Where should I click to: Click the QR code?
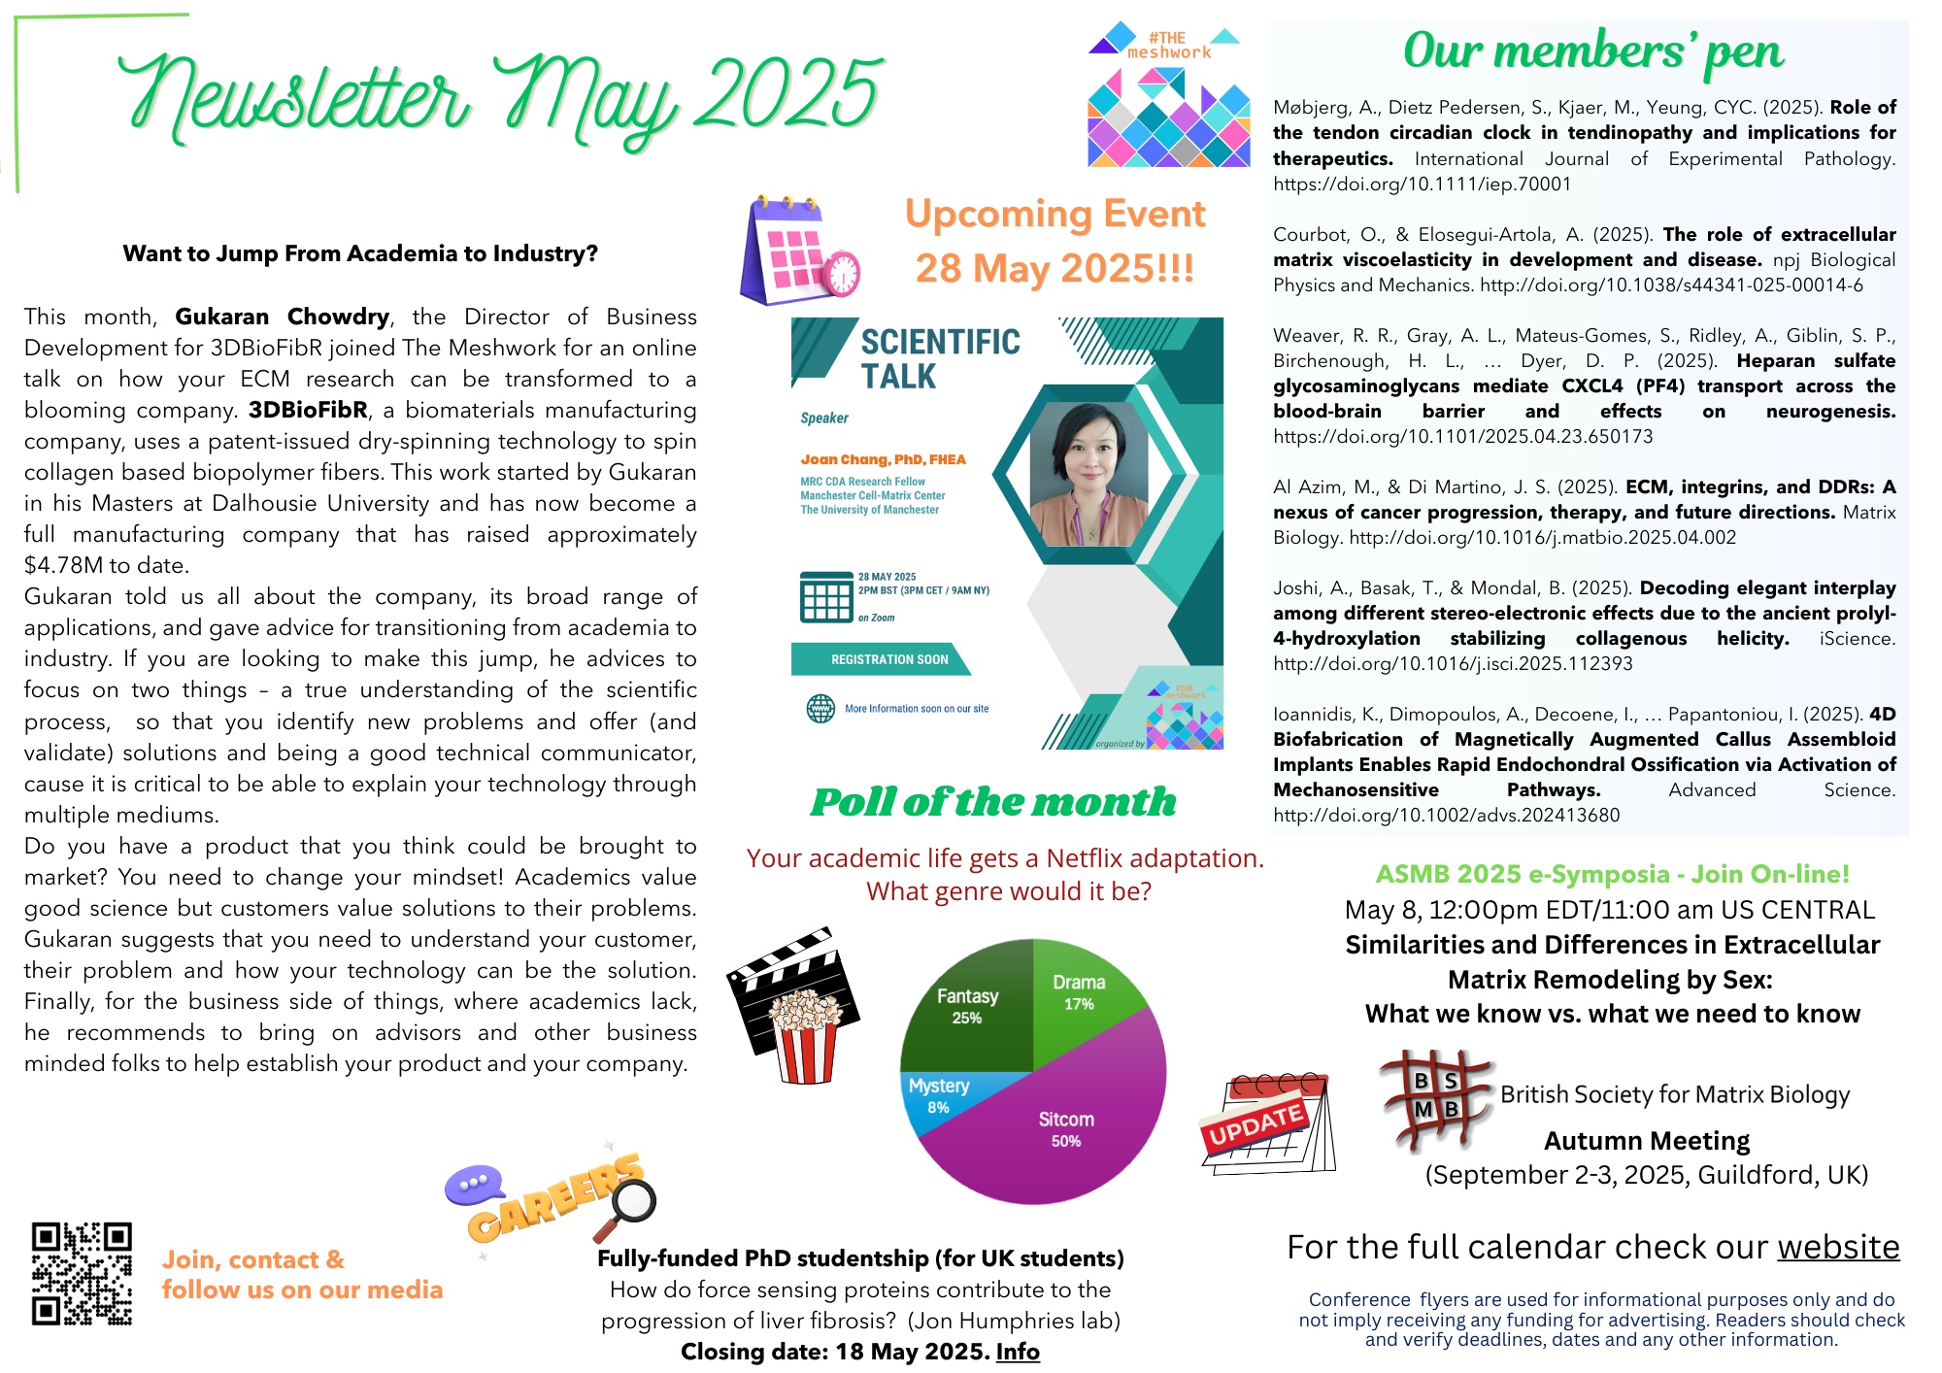[82, 1273]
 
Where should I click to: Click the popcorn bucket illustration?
[805, 1034]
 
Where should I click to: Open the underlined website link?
[1838, 1247]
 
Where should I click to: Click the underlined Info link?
[1018, 1352]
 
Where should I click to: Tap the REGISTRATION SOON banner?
[888, 659]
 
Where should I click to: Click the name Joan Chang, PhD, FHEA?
[883, 459]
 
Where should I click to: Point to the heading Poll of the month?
[993, 802]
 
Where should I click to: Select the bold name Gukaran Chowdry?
[282, 317]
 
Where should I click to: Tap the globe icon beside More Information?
[820, 709]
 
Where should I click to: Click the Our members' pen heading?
[1592, 52]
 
